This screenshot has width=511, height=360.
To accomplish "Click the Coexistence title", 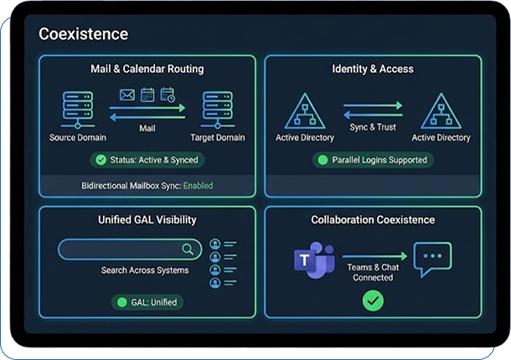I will tap(84, 34).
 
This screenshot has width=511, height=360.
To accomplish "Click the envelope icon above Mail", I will tap(128, 95).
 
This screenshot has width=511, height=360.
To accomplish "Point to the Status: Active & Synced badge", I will tap(147, 159).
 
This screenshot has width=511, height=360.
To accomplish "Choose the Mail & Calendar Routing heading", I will tap(147, 69).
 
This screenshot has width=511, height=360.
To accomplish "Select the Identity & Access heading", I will tap(373, 69).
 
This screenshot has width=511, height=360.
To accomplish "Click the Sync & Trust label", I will tap(373, 127).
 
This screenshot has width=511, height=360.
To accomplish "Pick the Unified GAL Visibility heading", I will tap(147, 219).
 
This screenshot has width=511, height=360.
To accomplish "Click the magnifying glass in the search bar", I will tap(188, 249).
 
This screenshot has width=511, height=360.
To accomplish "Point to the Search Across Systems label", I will tap(145, 270).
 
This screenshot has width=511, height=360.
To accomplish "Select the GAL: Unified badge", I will tap(147, 301).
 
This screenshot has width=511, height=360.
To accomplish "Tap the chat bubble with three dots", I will tap(431, 259).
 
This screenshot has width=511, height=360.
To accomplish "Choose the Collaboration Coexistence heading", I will tap(373, 219).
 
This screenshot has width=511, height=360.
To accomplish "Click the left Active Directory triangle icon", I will tap(304, 111).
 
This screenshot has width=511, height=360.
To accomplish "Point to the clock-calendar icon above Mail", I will tap(168, 95).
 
